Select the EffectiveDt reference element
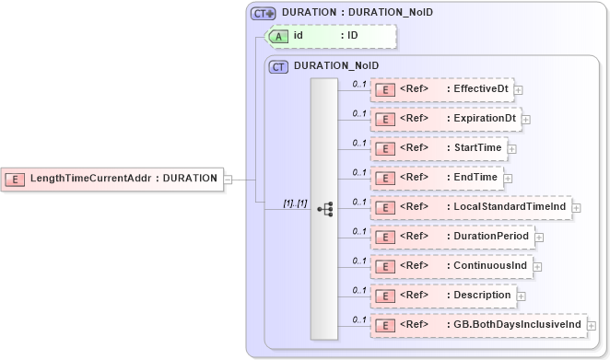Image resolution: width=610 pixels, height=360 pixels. [x=441, y=89]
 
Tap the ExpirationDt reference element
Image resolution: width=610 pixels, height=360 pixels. [x=445, y=119]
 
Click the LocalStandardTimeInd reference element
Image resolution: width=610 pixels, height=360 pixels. [x=470, y=207]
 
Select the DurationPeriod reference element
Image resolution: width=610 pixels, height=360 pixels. [x=451, y=237]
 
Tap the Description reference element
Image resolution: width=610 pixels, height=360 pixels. [x=441, y=296]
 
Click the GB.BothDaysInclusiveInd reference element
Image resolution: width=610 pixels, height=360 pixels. [x=477, y=325]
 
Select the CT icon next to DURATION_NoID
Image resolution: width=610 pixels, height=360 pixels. [x=278, y=66]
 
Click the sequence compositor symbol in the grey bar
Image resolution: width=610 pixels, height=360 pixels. [x=324, y=208]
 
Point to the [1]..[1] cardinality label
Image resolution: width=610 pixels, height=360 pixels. [x=295, y=203]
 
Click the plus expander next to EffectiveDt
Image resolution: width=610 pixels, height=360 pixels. [x=519, y=90]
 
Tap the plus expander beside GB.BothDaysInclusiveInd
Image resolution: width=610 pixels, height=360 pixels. [x=592, y=326]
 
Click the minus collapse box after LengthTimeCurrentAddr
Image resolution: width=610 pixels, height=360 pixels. [x=228, y=179]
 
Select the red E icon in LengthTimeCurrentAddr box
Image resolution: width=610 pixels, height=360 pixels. [x=16, y=179]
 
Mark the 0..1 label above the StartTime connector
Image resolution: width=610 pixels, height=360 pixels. [x=359, y=143]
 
